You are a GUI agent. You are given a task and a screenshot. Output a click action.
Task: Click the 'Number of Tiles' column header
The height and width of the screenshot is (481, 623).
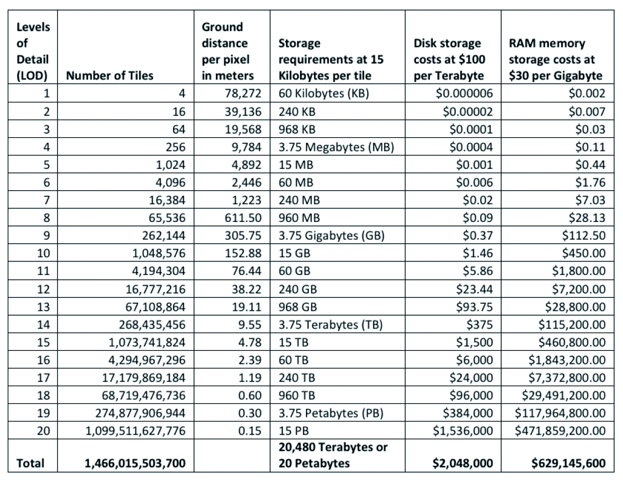109,75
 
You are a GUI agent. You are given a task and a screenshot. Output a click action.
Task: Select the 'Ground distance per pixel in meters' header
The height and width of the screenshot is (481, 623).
228,51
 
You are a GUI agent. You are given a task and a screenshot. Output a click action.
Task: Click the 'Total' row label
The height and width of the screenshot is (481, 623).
31,463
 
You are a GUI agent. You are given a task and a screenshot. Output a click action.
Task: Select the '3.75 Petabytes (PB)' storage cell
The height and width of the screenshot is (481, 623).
331,413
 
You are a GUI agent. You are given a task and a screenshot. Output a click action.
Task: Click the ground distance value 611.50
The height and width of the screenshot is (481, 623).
243,218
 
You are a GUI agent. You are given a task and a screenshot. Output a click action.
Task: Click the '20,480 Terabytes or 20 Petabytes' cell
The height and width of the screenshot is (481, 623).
332,455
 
